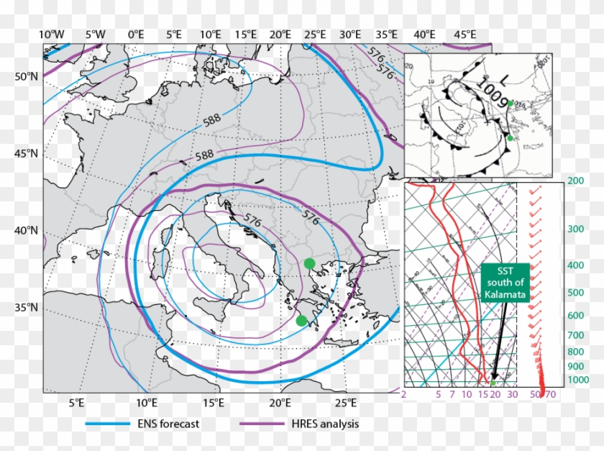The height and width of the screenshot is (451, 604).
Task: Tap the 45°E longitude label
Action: click(465, 34)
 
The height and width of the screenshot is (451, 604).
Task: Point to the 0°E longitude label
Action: click(136, 34)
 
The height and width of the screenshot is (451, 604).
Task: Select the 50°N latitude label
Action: click(27, 77)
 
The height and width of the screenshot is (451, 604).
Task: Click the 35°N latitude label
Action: click(27, 308)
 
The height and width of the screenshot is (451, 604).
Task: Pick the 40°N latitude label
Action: click(27, 231)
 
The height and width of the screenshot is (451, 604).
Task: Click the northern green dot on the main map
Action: click(309, 263)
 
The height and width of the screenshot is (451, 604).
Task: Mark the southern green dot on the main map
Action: click(301, 320)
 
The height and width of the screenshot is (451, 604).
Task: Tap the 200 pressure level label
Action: click(575, 182)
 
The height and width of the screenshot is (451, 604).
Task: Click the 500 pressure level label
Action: click(575, 293)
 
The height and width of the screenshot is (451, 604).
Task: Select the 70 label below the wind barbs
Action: click(551, 394)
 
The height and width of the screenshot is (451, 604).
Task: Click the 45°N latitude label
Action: click(27, 154)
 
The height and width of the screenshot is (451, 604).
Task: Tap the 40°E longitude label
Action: click(424, 34)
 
